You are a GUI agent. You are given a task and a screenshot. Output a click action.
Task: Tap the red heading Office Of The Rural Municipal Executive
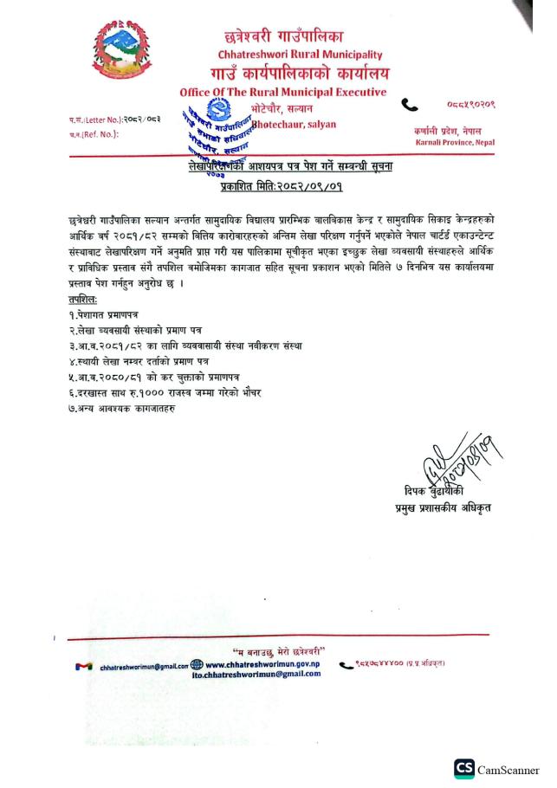tap(283, 93)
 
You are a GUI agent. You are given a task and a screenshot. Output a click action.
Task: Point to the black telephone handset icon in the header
tap(410, 104)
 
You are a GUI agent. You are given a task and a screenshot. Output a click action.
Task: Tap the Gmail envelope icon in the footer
tap(83, 666)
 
